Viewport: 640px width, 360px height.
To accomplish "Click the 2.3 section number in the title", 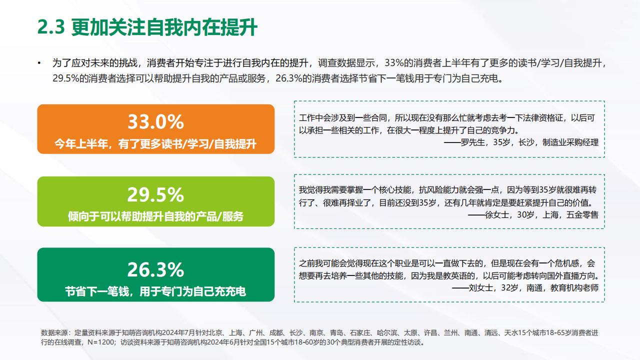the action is (x=51, y=27).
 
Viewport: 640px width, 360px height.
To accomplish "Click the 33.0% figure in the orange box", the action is (x=155, y=121).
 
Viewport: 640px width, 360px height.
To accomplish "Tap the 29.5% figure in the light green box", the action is (x=155, y=195).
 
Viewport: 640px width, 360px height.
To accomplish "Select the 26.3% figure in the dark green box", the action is (x=155, y=269).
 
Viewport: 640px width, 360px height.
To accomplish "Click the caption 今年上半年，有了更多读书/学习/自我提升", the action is (x=155, y=144).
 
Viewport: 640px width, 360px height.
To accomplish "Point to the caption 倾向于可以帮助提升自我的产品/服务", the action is (x=155, y=216).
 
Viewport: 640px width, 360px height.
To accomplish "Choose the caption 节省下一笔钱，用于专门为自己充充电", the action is (x=155, y=291).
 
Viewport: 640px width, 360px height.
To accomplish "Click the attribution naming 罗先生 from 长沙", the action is (x=521, y=142).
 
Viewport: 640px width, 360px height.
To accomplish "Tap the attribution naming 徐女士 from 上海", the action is (x=533, y=215).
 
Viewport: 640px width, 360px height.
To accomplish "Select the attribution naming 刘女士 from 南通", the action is (x=525, y=288).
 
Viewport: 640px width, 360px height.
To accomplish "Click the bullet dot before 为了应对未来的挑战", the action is (x=39, y=63).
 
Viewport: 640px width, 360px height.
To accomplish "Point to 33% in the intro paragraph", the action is (x=394, y=63).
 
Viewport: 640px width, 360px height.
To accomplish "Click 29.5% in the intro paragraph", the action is (x=65, y=78).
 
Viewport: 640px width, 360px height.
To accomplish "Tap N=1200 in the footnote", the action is (x=101, y=342).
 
